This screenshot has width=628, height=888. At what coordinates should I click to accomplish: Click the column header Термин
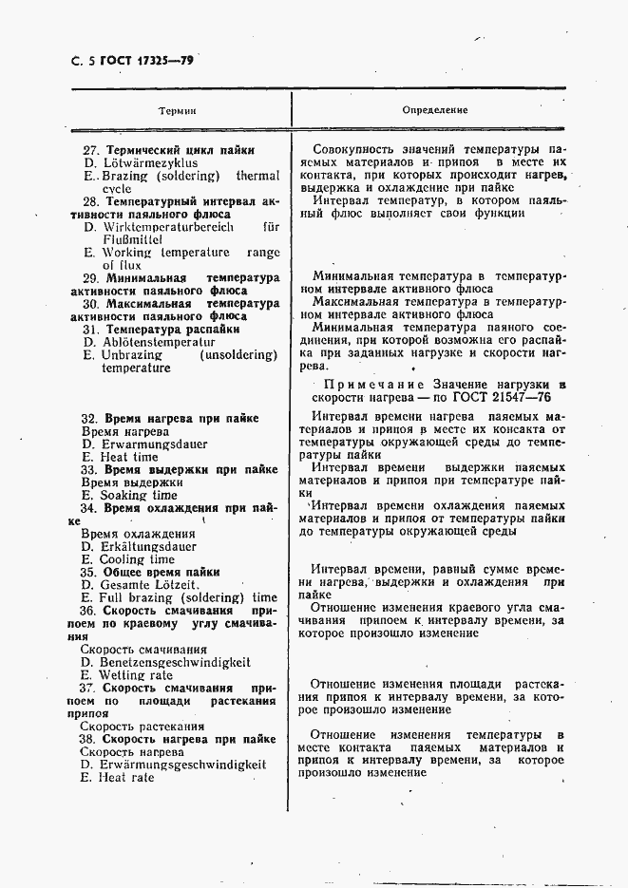[177, 110]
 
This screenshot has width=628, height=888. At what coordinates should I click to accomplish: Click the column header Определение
[435, 110]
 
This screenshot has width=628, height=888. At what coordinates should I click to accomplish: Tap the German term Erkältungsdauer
[146, 547]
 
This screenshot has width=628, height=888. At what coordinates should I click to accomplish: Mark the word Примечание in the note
[369, 385]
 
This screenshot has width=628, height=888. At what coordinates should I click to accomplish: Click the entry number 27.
[91, 150]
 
